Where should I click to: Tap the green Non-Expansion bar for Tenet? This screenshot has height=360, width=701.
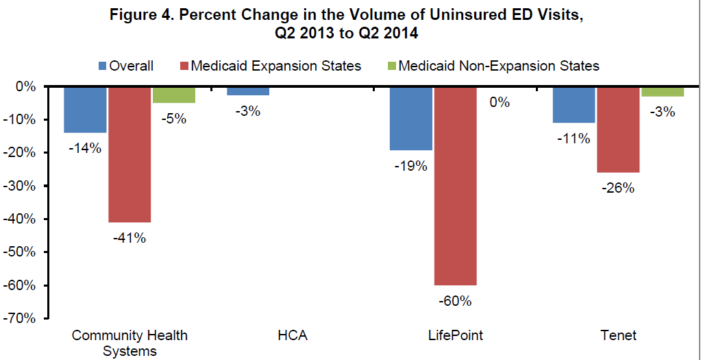[662, 92]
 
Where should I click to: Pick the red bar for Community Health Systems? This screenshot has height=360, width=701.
[130, 154]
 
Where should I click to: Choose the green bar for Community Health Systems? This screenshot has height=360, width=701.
[173, 95]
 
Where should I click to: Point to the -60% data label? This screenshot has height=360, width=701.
[455, 300]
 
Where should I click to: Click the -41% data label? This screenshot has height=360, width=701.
[130, 238]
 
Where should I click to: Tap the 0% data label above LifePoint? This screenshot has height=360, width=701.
[499, 103]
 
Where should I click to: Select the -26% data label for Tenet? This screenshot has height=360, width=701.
[618, 188]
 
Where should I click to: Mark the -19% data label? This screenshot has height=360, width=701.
[411, 166]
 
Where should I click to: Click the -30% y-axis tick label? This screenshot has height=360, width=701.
[21, 186]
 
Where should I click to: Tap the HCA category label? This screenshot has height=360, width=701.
[292, 335]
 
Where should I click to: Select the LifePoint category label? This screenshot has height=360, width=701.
[455, 335]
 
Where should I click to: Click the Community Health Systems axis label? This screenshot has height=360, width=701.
[130, 343]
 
